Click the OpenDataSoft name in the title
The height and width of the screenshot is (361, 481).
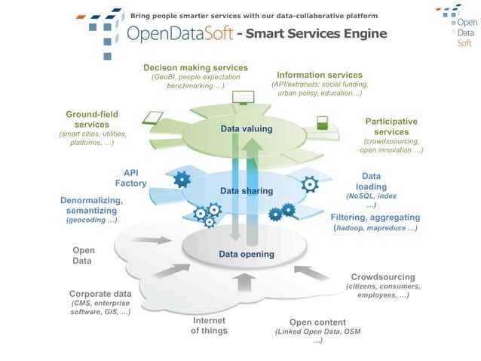point(179,34)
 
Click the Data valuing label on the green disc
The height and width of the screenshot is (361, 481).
point(246,129)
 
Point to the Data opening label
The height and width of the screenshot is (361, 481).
point(246,255)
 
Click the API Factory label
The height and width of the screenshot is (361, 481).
point(130,178)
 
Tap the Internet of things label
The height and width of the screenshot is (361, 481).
point(209,326)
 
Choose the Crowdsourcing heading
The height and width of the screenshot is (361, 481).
point(383,276)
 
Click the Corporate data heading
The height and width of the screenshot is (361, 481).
point(100,294)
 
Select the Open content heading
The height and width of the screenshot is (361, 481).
point(317,322)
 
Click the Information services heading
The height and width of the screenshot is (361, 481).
point(320,76)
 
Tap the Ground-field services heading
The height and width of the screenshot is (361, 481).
point(92,119)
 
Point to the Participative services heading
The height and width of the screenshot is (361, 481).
point(391,126)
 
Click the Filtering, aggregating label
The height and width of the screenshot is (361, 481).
point(374,217)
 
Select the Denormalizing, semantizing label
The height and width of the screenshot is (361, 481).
point(91,205)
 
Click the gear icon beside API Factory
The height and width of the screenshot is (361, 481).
point(182,180)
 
